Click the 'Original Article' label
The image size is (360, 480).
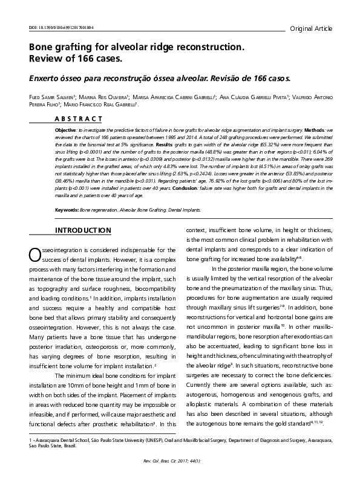coord(311,28)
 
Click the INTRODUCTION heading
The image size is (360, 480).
coord(66,230)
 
